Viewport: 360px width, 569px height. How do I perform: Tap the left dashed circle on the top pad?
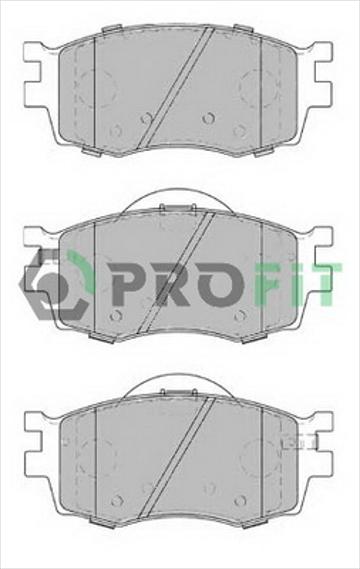pyautogui.click(x=97, y=88)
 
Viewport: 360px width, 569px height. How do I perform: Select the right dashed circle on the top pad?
pyautogui.click(x=259, y=88)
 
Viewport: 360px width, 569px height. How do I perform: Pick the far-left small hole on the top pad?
pyautogui.click(x=115, y=130)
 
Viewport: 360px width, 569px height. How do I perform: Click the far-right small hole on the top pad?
pyautogui.click(x=240, y=130)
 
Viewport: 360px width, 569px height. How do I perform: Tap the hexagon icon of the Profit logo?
pyautogui.click(x=54, y=284)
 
